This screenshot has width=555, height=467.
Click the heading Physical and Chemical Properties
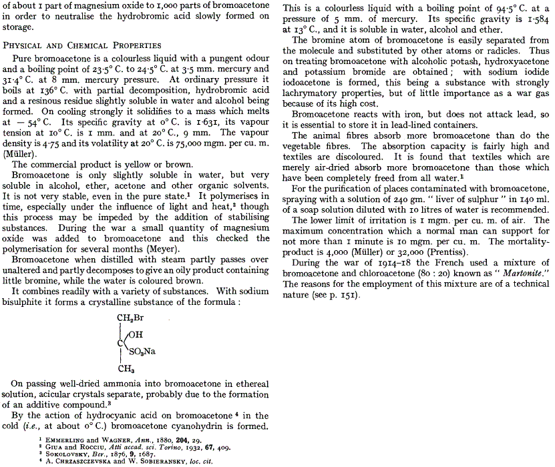(x=82, y=45)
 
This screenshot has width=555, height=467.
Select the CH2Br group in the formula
(x=130, y=317)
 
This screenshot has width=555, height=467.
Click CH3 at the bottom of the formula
(x=126, y=367)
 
